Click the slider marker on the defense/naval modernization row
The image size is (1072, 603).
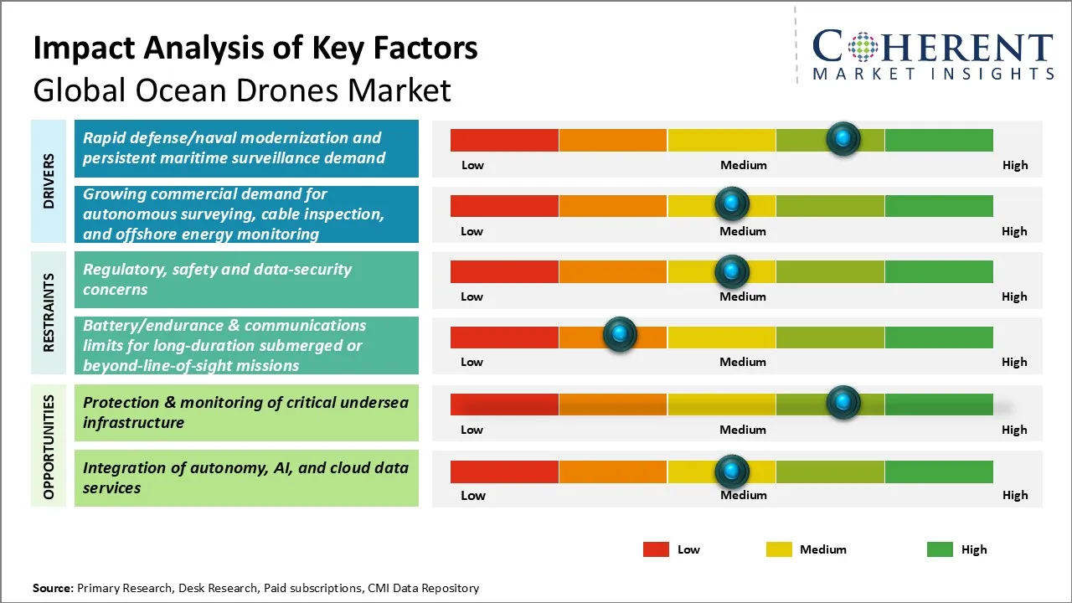(843, 138)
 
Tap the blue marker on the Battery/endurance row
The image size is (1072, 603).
(620, 334)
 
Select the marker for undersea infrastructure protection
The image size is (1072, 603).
(843, 403)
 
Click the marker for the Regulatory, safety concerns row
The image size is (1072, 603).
(732, 271)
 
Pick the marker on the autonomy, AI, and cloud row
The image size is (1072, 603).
(732, 472)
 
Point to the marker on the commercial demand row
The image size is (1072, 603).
(732, 204)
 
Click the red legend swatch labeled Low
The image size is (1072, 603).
(656, 549)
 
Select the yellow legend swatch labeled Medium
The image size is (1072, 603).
(779, 549)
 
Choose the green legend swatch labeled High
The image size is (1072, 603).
(940, 549)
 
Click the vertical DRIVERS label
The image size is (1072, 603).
(49, 181)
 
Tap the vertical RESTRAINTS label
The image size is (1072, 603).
(49, 312)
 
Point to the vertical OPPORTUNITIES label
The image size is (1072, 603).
(49, 446)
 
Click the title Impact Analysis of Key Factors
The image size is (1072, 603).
(255, 49)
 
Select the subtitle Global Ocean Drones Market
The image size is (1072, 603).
(242, 90)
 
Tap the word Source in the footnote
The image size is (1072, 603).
(52, 588)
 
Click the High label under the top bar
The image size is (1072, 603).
(1014, 165)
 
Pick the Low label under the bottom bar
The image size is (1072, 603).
(472, 495)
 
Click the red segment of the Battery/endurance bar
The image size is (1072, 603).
(504, 337)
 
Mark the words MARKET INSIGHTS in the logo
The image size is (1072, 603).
(933, 75)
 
